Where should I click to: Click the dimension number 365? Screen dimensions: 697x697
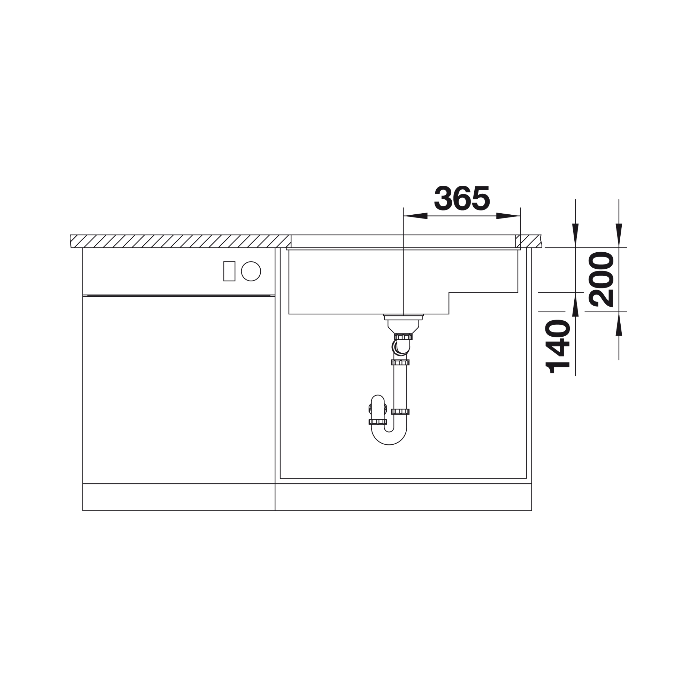462,198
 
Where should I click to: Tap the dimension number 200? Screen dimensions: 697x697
601,279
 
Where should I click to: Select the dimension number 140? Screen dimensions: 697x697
558,346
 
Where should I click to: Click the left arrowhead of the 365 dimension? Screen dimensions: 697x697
415,216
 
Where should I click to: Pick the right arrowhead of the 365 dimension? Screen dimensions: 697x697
508,216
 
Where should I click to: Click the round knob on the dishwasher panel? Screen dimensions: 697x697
251,271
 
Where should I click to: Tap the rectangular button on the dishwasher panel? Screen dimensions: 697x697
229,271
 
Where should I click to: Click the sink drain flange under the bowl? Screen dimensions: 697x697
403,317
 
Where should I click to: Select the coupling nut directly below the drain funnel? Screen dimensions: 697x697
403,337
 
